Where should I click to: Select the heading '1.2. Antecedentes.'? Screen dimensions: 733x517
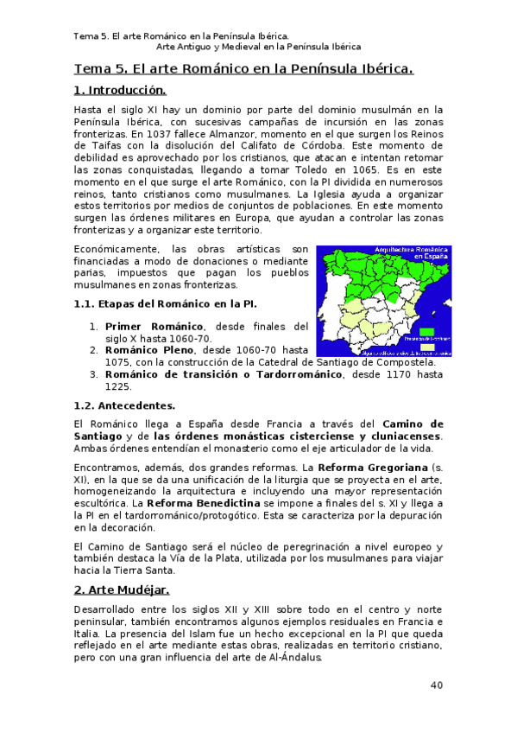[124, 405]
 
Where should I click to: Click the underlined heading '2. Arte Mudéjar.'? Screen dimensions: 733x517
[120, 590]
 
